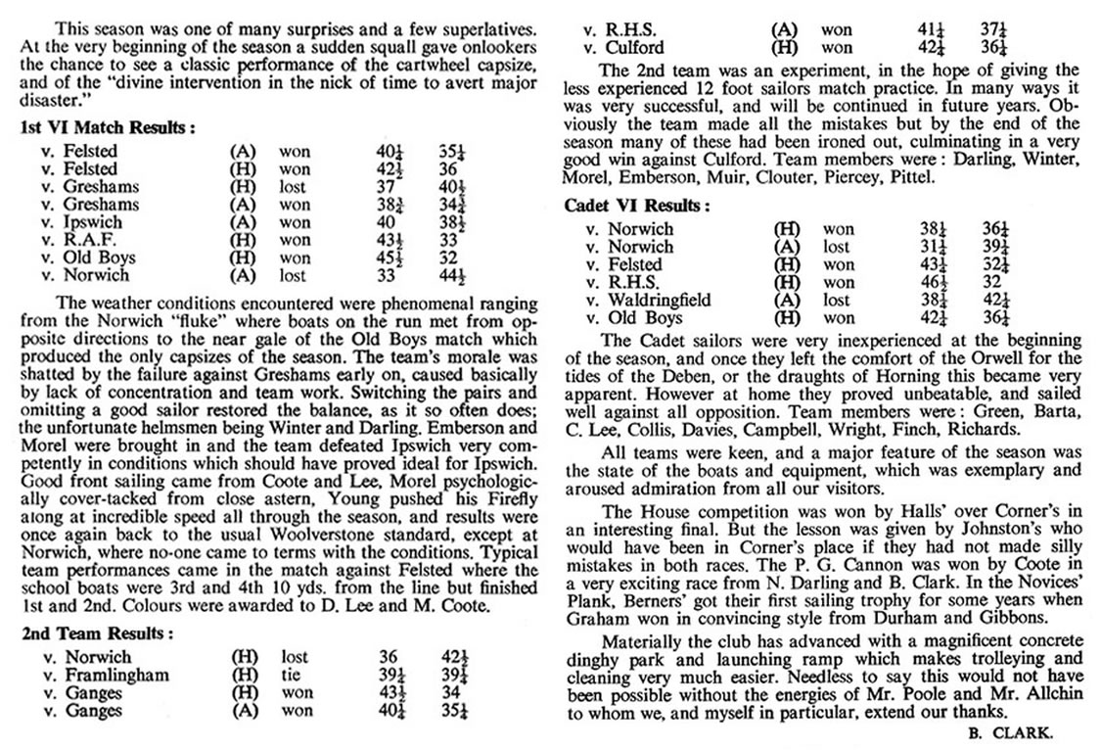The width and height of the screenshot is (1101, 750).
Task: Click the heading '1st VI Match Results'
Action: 107,127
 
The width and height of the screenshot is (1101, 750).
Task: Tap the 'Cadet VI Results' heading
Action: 636,206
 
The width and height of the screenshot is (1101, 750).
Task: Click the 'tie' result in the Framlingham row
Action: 291,676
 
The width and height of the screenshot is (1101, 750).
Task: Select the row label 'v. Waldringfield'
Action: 647,301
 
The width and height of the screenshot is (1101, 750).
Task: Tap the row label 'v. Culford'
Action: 622,47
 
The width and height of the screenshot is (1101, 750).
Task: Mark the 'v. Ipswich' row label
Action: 101,222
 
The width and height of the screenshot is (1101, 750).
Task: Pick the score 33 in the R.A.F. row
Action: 449,240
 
